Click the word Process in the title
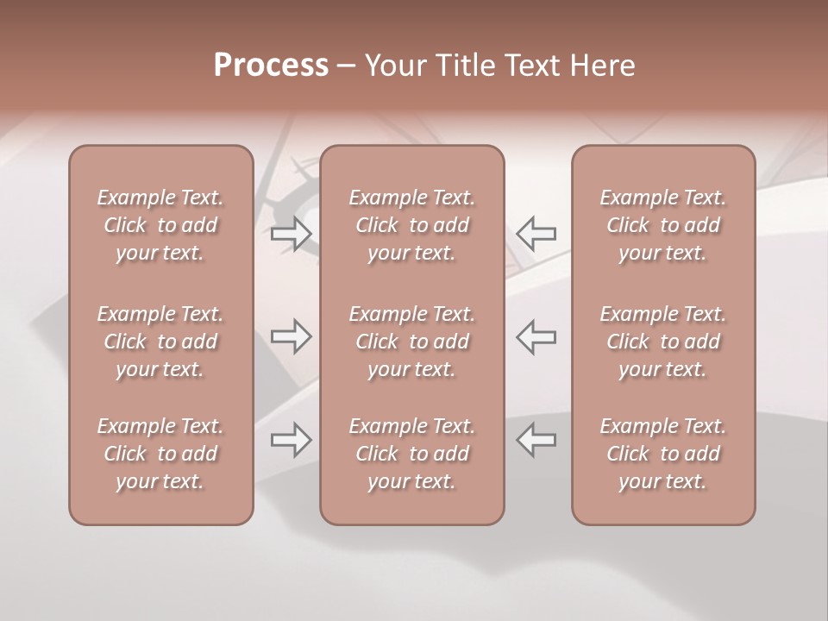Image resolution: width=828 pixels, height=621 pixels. (271, 66)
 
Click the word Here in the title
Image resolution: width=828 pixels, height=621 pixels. (603, 66)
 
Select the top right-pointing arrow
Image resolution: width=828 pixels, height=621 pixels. (292, 233)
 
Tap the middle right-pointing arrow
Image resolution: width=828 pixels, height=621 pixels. (292, 336)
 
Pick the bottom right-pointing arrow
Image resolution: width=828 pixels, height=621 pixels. (292, 441)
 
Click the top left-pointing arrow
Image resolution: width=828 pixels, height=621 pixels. (536, 233)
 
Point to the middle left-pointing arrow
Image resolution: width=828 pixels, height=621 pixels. (536, 336)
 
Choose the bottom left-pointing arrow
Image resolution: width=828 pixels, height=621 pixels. (536, 441)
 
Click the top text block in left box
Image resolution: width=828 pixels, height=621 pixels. (160, 225)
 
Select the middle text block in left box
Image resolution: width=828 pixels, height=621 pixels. (160, 342)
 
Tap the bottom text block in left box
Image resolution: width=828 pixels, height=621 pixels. (160, 454)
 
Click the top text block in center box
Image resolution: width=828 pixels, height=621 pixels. (412, 225)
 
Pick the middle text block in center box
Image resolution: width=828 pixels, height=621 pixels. (412, 342)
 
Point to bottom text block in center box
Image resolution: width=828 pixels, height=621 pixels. (412, 454)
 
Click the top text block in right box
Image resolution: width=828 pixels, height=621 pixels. (663, 225)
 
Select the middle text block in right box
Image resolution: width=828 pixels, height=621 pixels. (663, 342)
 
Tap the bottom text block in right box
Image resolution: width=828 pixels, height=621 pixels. (663, 454)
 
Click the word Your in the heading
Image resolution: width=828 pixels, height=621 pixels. (396, 66)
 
